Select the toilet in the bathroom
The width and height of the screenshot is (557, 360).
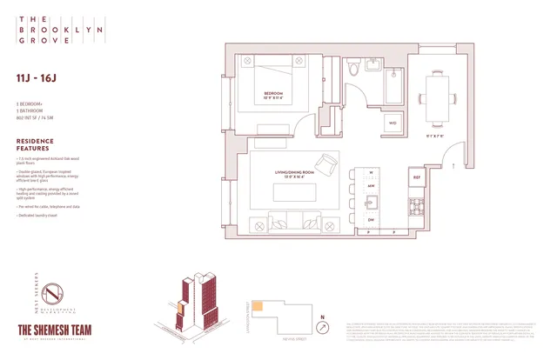click(352, 70)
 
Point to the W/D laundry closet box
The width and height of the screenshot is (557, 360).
click(393, 123)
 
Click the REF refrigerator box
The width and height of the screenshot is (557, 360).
click(415, 178)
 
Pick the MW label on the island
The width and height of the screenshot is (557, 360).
click(370, 186)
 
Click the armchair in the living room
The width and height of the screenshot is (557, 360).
click(327, 164)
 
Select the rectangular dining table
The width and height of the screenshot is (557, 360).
click(435, 90)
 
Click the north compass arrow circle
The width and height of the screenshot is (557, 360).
click(324, 328)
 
